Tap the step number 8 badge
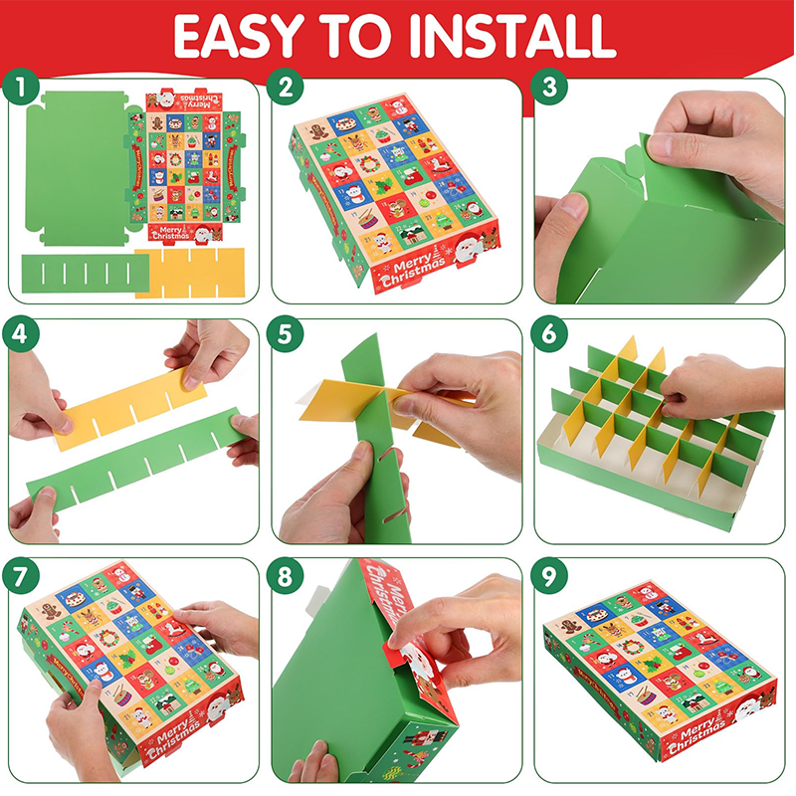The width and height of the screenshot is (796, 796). (287, 576)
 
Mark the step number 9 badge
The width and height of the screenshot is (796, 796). (549, 576)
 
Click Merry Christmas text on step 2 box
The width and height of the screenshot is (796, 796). (413, 273)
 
